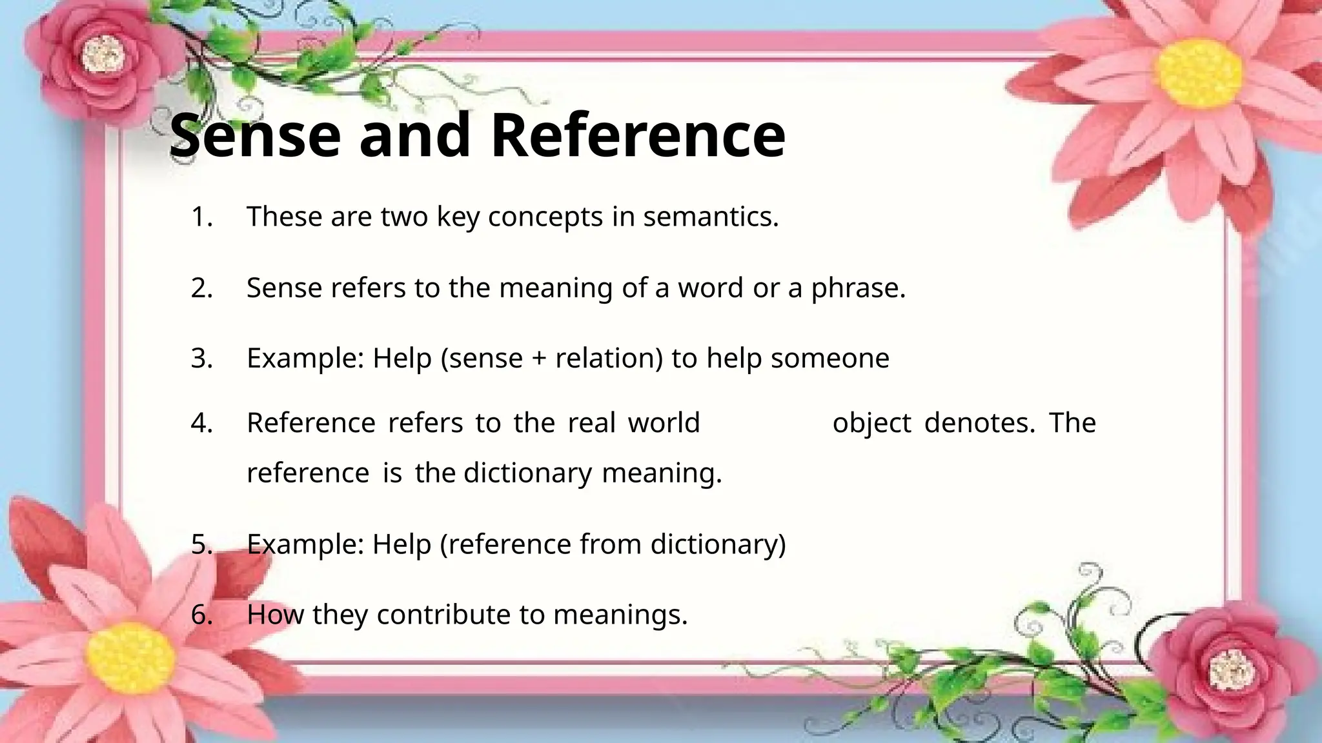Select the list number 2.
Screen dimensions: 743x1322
pyautogui.click(x=201, y=288)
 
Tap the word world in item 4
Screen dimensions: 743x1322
pyautogui.click(x=664, y=423)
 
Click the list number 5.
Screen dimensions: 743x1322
pyautogui.click(x=201, y=544)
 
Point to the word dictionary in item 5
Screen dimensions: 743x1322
pyautogui.click(x=717, y=544)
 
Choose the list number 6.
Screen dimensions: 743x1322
pyautogui.click(x=201, y=614)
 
